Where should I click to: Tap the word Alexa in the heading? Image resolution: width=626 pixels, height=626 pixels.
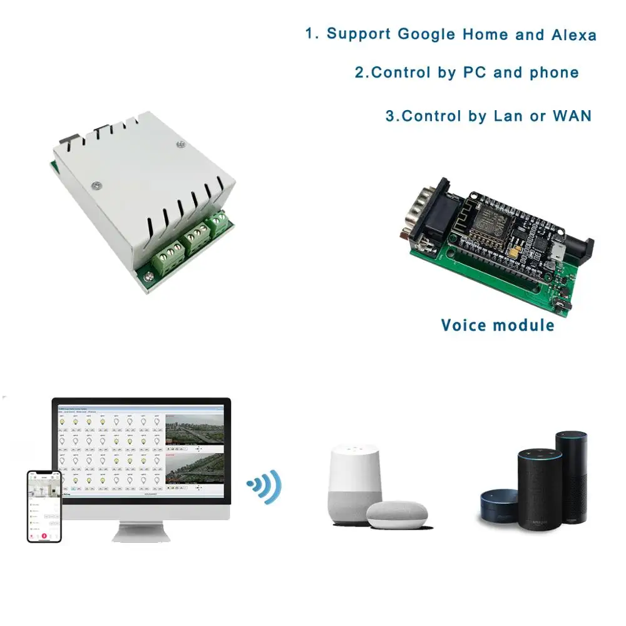click(573, 35)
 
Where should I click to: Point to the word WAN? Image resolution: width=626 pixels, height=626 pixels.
click(572, 116)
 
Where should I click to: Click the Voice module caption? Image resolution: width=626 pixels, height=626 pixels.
click(498, 325)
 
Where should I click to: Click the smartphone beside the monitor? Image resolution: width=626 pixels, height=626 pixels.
click(44, 506)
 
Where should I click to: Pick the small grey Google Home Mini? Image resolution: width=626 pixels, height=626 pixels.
click(396, 515)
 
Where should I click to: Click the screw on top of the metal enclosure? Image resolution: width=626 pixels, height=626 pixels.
click(97, 185)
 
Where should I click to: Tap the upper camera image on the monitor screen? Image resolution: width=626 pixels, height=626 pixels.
click(194, 432)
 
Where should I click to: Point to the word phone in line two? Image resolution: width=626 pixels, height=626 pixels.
click(553, 73)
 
